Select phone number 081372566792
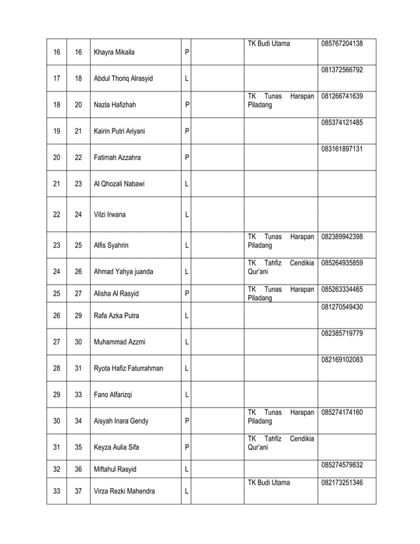tap(342, 70)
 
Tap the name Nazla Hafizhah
tap(117, 104)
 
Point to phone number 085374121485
tap(342, 122)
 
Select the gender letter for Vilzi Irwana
tap(188, 214)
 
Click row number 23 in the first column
tap(56, 245)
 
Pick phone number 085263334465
tap(342, 289)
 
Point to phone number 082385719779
tap(342, 334)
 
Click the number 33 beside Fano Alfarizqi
tap(78, 394)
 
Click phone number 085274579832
tap(342, 465)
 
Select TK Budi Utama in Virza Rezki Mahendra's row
tap(268, 483)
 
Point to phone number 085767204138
tap(342, 43)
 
